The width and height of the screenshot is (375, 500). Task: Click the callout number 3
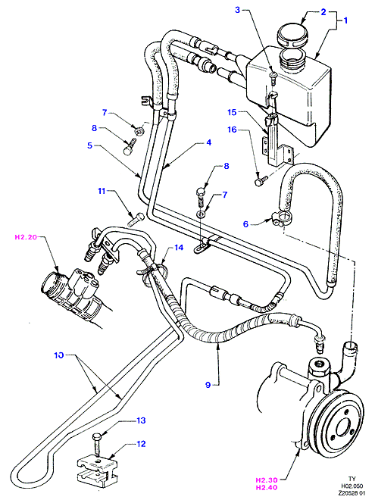coord(237,10)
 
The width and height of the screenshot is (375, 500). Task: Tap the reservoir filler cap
coord(292,35)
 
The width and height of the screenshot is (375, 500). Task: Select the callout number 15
coord(232,113)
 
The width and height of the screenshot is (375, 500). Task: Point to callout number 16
coord(233,130)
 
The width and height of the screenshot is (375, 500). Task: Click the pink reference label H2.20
coord(27,237)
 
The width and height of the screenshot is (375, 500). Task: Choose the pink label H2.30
coord(267,480)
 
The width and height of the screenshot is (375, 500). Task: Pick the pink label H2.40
coord(267,487)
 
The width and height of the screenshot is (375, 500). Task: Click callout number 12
coord(141,443)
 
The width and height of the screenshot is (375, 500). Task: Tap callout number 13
coord(141,420)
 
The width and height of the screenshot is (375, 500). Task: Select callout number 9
coord(208,385)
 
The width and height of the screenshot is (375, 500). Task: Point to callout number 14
coord(179,247)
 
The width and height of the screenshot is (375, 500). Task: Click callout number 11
coord(102,191)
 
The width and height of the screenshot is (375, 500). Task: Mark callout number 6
coord(245,223)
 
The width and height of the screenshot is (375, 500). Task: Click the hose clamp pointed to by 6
coord(281,219)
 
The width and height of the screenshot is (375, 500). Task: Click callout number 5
coord(89,145)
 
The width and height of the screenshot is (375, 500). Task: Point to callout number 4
coord(209,142)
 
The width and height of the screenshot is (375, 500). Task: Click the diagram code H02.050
coord(352,486)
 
